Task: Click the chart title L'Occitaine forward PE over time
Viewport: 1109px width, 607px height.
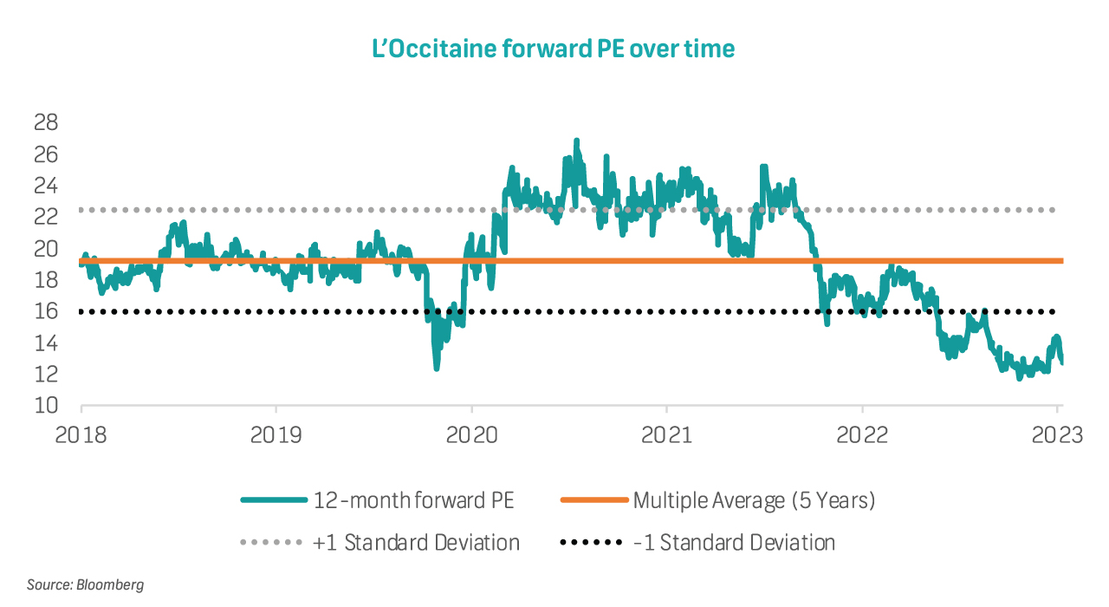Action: click(x=554, y=49)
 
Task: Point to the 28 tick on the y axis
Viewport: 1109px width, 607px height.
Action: click(x=45, y=122)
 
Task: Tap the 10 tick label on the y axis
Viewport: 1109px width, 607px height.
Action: click(x=45, y=406)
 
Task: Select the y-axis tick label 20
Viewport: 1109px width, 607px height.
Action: click(x=45, y=249)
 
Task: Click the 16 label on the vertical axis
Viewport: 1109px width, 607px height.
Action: click(x=45, y=311)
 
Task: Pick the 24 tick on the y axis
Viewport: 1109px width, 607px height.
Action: click(x=45, y=186)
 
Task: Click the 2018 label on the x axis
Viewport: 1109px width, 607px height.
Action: click(x=81, y=434)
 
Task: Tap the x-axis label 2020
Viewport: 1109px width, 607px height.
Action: click(x=471, y=434)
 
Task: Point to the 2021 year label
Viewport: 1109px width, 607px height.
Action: click(x=666, y=434)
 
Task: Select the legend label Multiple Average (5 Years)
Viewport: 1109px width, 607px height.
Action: click(x=754, y=500)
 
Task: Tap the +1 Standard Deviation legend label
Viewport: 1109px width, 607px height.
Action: click(x=416, y=544)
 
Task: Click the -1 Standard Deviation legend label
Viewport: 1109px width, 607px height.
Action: click(x=734, y=544)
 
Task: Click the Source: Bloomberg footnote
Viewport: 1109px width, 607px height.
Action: click(x=85, y=584)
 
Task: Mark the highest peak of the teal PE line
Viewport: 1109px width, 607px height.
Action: click(x=576, y=140)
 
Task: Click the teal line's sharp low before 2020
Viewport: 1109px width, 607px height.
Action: click(x=436, y=369)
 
